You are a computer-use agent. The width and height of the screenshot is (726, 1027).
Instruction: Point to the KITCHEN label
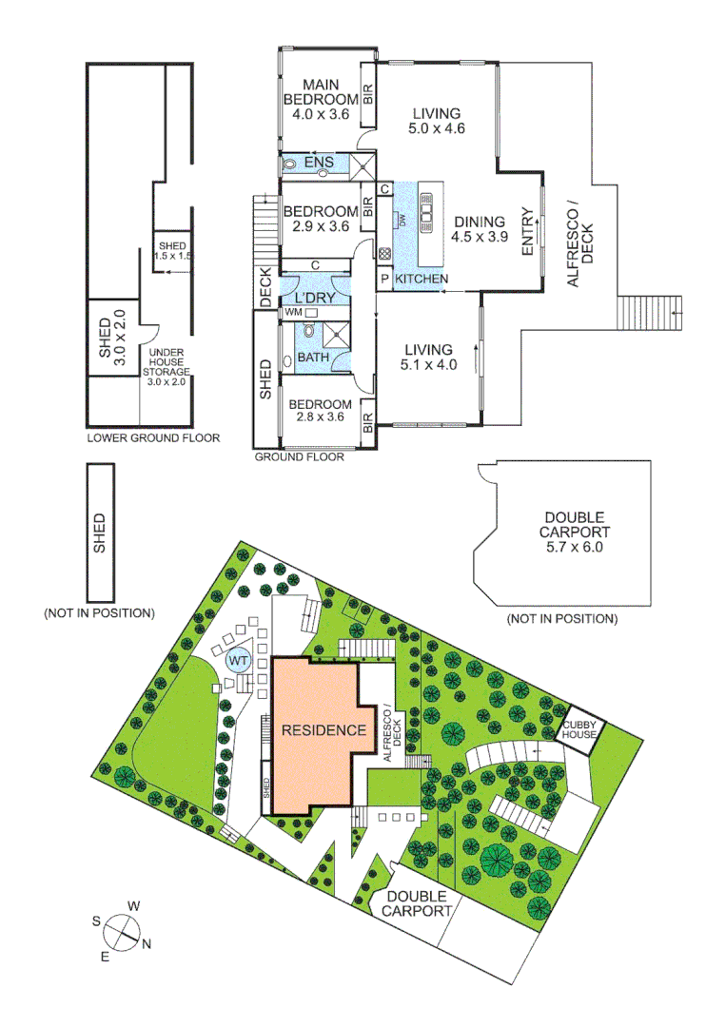(421, 279)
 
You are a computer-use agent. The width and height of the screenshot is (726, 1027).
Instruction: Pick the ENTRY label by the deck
(526, 231)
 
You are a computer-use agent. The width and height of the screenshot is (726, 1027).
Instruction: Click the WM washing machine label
(293, 312)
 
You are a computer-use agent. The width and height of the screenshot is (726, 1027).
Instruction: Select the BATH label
(313, 358)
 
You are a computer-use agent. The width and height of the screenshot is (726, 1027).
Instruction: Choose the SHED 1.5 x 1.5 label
(175, 251)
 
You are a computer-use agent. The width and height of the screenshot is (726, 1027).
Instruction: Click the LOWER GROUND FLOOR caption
(153, 438)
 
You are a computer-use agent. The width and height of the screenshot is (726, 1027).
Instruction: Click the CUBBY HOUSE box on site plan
(578, 728)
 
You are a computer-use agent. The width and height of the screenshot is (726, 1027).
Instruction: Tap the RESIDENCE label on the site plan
(323, 730)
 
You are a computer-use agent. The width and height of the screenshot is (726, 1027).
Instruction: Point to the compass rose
(121, 930)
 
